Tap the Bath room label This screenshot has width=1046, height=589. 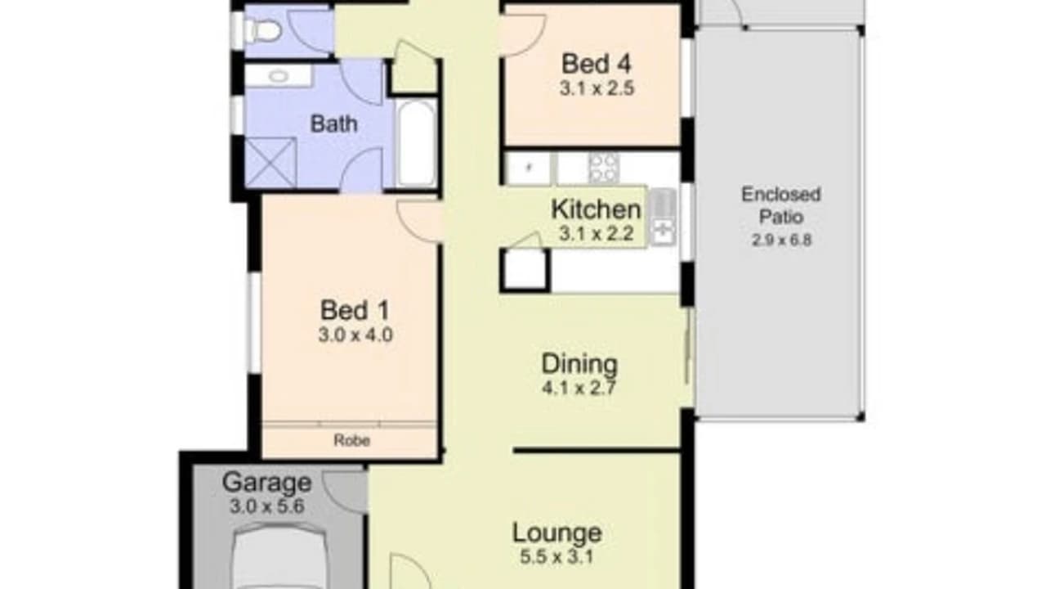334,124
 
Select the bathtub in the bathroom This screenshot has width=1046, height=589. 416,143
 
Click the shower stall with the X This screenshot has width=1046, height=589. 270,162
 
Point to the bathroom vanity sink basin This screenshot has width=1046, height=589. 279,76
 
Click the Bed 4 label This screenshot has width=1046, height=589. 597,64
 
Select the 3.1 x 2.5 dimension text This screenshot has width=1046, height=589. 597,88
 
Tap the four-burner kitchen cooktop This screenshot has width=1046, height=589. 604,168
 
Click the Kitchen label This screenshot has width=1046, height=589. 597,209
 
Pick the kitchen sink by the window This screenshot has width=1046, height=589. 663,217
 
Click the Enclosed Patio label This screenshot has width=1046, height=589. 781,205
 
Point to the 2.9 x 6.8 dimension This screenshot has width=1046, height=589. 782,241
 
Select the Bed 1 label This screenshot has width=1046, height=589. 355,310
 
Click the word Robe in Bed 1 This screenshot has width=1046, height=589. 352,440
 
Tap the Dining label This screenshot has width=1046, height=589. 579,364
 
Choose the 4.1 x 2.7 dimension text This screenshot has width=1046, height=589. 579,388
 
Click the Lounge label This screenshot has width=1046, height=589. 557,533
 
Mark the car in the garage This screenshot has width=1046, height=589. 279,555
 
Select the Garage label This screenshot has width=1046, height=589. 266,482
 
